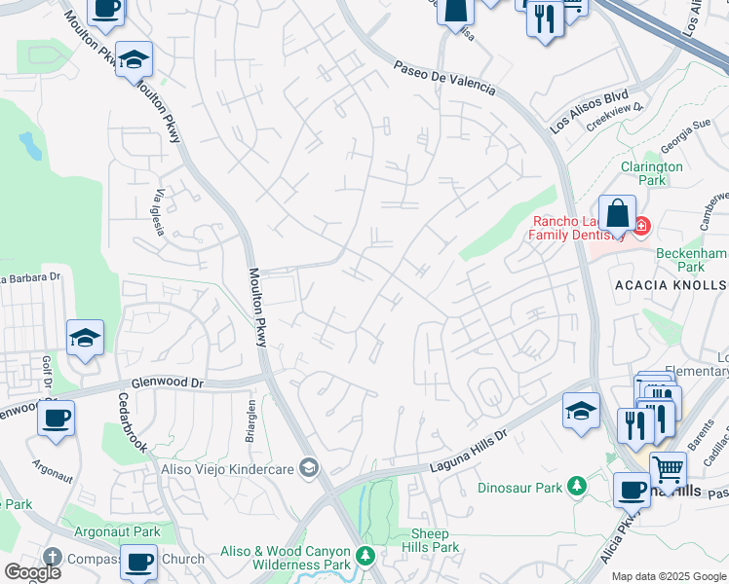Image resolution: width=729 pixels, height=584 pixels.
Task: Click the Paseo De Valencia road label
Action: click(444, 79)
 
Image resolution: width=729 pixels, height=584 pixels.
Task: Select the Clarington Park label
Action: click(652, 173)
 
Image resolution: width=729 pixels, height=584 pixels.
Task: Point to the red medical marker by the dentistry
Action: click(640, 227)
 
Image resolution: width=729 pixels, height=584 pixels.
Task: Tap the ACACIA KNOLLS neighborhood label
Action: click(671, 284)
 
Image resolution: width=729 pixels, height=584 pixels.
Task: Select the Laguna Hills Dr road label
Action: click(469, 455)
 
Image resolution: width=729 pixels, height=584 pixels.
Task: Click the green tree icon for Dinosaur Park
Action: click(578, 484)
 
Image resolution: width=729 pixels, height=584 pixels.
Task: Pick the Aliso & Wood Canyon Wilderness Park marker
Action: click(364, 557)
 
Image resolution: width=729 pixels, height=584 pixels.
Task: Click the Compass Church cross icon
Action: click(52, 559)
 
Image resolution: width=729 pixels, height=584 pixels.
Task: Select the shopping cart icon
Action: click(668, 470)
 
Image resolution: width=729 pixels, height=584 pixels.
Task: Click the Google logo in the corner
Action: click(32, 572)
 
